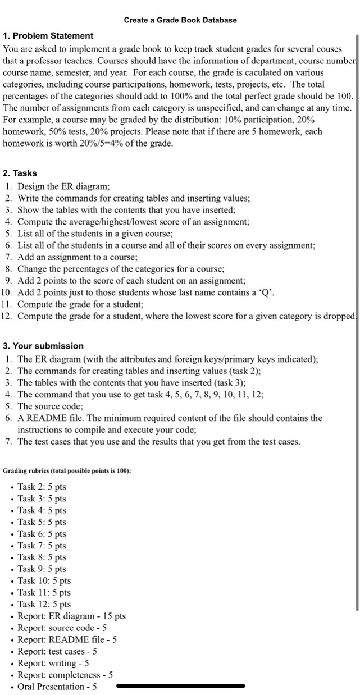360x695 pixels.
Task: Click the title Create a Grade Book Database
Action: click(x=180, y=20)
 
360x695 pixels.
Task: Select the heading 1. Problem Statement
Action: click(x=48, y=36)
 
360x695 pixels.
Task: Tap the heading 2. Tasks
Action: click(x=20, y=173)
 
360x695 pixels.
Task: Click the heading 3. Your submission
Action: click(x=43, y=346)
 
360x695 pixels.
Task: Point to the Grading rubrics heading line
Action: click(x=67, y=470)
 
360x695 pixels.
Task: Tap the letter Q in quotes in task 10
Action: click(x=266, y=292)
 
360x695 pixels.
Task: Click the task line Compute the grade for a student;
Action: click(x=80, y=304)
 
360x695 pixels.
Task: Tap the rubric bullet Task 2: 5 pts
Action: click(x=42, y=487)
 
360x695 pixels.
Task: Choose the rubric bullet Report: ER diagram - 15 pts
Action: click(x=71, y=616)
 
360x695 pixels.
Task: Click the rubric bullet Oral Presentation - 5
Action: click(x=57, y=687)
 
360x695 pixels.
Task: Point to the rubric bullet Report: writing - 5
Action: click(x=53, y=663)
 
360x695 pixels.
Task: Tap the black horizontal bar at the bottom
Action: click(x=180, y=686)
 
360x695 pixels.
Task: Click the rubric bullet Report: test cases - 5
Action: click(x=57, y=651)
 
